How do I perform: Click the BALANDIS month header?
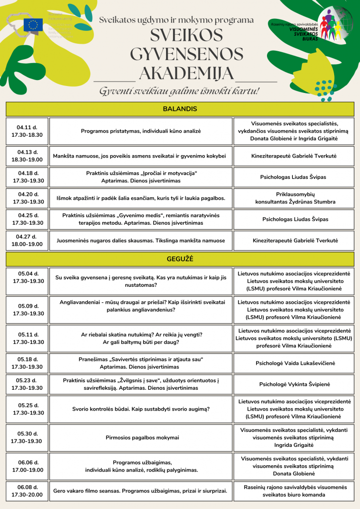point(180,109)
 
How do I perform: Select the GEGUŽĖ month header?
point(180,259)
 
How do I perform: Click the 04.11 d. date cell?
point(27,131)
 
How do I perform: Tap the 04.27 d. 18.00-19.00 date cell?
point(27,241)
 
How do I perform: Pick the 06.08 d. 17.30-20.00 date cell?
point(27,491)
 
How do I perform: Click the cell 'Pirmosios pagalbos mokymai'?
point(141,437)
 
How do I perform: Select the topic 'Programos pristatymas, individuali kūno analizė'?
point(141,131)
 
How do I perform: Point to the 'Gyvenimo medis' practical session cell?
point(141,219)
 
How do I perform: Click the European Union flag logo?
point(35,25)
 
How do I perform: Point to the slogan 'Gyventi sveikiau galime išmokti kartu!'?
point(180,91)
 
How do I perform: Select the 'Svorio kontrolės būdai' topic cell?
point(141,409)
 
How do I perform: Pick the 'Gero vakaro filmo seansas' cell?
point(141,491)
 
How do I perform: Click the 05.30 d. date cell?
point(27,437)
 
